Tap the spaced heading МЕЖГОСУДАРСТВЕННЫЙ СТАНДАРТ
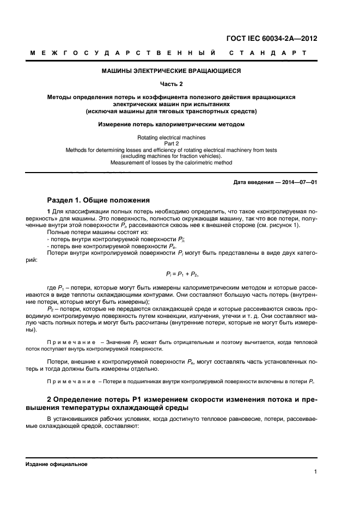(168, 53)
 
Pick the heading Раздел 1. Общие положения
(95, 199)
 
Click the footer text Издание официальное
(56, 464)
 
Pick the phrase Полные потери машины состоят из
(86, 232)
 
